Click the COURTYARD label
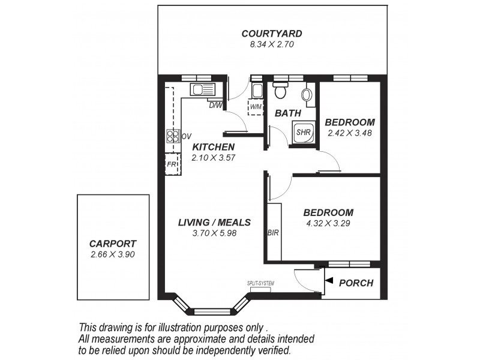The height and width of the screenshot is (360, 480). [x=271, y=34]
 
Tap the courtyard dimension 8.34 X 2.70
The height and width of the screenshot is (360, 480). [x=271, y=44]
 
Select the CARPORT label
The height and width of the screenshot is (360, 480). [x=113, y=244]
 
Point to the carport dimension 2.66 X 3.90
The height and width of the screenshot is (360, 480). [x=113, y=254]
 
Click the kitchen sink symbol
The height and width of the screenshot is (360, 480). [x=202, y=91]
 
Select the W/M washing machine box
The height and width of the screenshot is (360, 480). [x=256, y=107]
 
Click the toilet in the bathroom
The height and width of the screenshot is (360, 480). [x=280, y=91]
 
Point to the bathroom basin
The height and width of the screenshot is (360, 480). [x=308, y=95]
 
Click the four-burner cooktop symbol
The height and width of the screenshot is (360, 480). [x=172, y=136]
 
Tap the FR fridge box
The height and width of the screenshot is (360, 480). [x=172, y=163]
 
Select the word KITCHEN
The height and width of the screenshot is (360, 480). [x=213, y=147]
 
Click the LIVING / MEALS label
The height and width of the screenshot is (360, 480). [x=214, y=223]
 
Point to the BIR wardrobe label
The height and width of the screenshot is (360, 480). [x=274, y=232]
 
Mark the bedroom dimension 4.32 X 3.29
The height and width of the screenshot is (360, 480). [x=328, y=223]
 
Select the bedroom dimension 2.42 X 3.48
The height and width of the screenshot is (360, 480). [x=350, y=133]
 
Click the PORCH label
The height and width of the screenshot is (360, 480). [x=356, y=283]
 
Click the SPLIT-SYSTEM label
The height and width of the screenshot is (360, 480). [x=260, y=284]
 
